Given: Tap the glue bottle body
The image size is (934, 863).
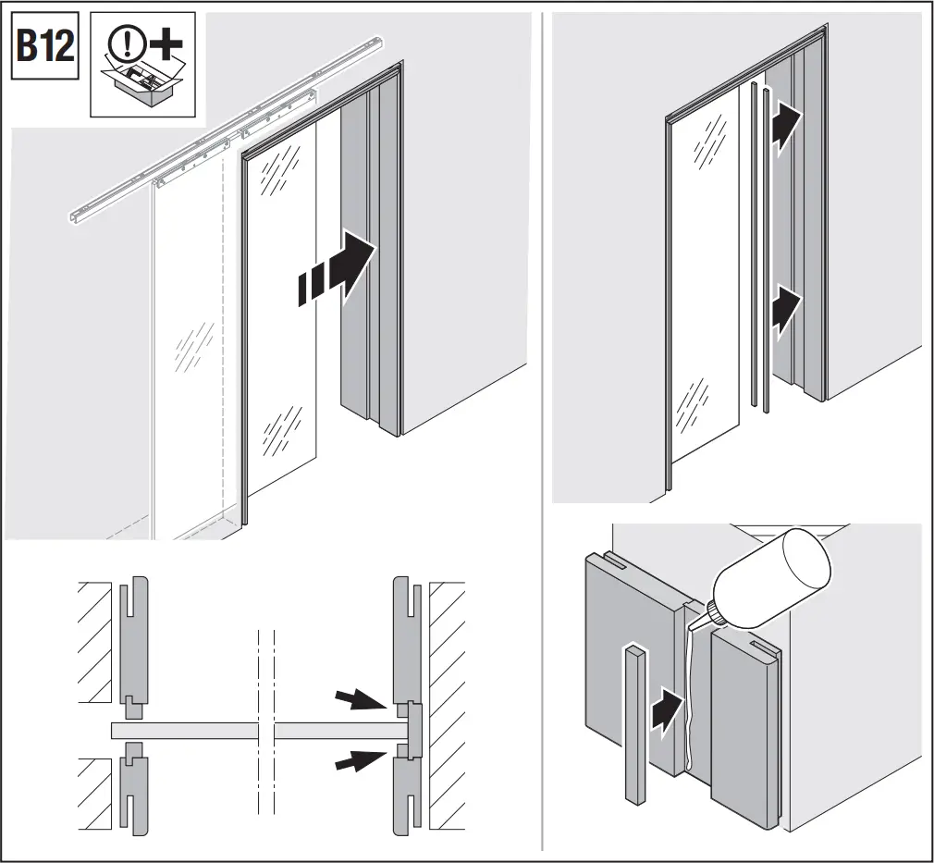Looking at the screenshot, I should pos(777,574).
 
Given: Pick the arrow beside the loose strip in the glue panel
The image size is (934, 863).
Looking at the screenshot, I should pos(667,713).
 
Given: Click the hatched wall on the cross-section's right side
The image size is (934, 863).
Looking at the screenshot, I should pos(449,703).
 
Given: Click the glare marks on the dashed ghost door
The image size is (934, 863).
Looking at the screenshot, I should pos(193,347).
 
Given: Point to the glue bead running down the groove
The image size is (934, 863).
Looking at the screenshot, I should pos(686,703).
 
